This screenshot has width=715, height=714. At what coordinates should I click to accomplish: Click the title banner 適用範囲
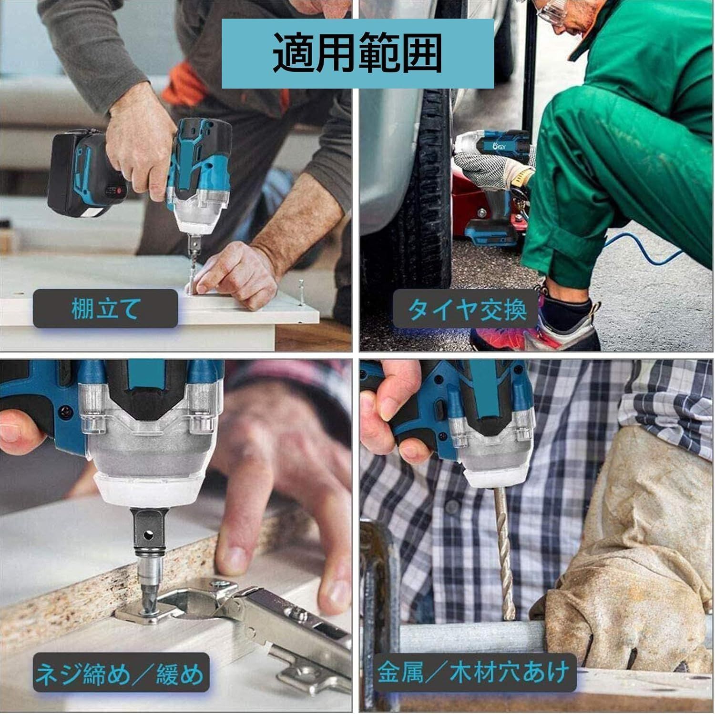(357, 53)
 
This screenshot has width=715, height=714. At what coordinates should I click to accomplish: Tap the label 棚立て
(105, 309)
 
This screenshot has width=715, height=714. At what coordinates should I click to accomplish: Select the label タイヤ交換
(467, 310)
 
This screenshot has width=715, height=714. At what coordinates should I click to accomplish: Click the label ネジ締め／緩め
(121, 674)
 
